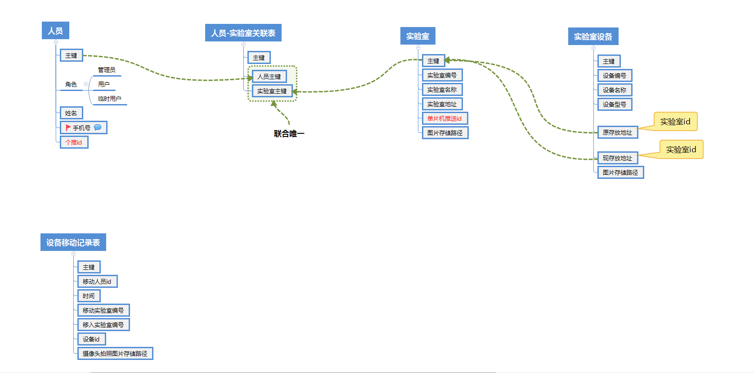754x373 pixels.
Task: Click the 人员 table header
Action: (x=55, y=31)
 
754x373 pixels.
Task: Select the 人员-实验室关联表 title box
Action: (x=243, y=33)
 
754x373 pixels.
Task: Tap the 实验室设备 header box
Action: (x=593, y=36)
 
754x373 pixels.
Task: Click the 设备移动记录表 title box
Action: (x=73, y=242)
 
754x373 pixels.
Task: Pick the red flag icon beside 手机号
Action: (x=68, y=127)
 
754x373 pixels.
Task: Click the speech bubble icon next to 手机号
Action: (x=98, y=127)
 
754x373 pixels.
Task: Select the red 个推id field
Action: (x=74, y=142)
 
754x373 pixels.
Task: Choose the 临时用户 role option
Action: (x=109, y=99)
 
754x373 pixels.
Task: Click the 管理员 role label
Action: (x=107, y=70)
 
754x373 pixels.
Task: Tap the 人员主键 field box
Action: (x=269, y=77)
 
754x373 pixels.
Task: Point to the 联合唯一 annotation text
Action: (x=289, y=134)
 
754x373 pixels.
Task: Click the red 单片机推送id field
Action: (x=444, y=118)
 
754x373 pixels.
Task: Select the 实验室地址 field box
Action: (x=442, y=104)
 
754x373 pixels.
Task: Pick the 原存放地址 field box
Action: (x=617, y=132)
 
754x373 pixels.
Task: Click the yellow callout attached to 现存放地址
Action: (x=681, y=150)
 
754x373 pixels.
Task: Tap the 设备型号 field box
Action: (x=614, y=105)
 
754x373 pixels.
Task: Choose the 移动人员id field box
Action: (x=97, y=282)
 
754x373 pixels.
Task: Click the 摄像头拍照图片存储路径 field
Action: (x=115, y=354)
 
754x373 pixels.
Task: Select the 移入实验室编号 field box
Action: (x=103, y=325)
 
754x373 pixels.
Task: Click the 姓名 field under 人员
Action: (x=71, y=113)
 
